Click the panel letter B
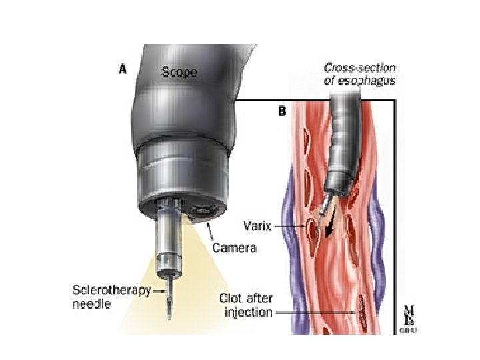[281, 111]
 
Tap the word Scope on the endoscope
[179, 71]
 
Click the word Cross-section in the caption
[351, 67]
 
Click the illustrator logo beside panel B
[407, 319]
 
